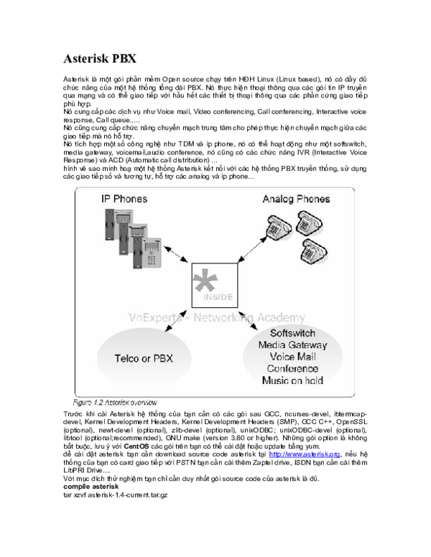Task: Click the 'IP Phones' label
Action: tap(124, 198)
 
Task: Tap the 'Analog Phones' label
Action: tap(296, 199)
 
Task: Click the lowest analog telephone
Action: tap(313, 251)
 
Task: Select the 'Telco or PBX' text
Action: tap(144, 358)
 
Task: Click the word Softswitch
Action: tap(292, 334)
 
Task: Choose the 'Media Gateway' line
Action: tap(292, 345)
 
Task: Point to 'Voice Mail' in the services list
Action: tap(292, 357)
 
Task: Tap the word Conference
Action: tap(292, 368)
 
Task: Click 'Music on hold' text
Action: tap(292, 380)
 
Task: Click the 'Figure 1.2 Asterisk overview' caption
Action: tap(115, 403)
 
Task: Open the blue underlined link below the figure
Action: tap(304, 454)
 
